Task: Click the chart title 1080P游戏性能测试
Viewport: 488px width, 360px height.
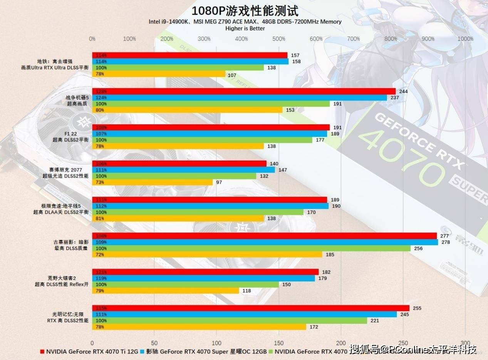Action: [x=245, y=10]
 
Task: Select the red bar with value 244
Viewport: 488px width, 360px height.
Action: [x=243, y=91]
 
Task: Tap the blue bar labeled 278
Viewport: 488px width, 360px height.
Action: [x=265, y=242]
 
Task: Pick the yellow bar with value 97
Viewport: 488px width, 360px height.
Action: [x=152, y=182]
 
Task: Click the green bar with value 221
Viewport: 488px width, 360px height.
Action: [x=229, y=321]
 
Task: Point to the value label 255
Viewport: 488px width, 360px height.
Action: [x=417, y=308]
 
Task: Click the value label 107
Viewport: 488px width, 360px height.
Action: [x=232, y=75]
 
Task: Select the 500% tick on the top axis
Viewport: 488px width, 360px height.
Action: [x=278, y=39]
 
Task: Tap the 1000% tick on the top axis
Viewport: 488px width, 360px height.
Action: [x=465, y=39]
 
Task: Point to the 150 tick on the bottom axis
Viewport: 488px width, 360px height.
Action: [x=279, y=343]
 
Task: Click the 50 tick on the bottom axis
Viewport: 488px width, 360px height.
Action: [x=154, y=343]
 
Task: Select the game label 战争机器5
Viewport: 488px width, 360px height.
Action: [x=77, y=97]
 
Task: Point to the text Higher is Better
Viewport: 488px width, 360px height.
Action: [x=245, y=28]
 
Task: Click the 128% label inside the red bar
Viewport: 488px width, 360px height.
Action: [x=101, y=92]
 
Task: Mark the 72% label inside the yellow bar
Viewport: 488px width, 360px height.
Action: [x=100, y=255]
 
